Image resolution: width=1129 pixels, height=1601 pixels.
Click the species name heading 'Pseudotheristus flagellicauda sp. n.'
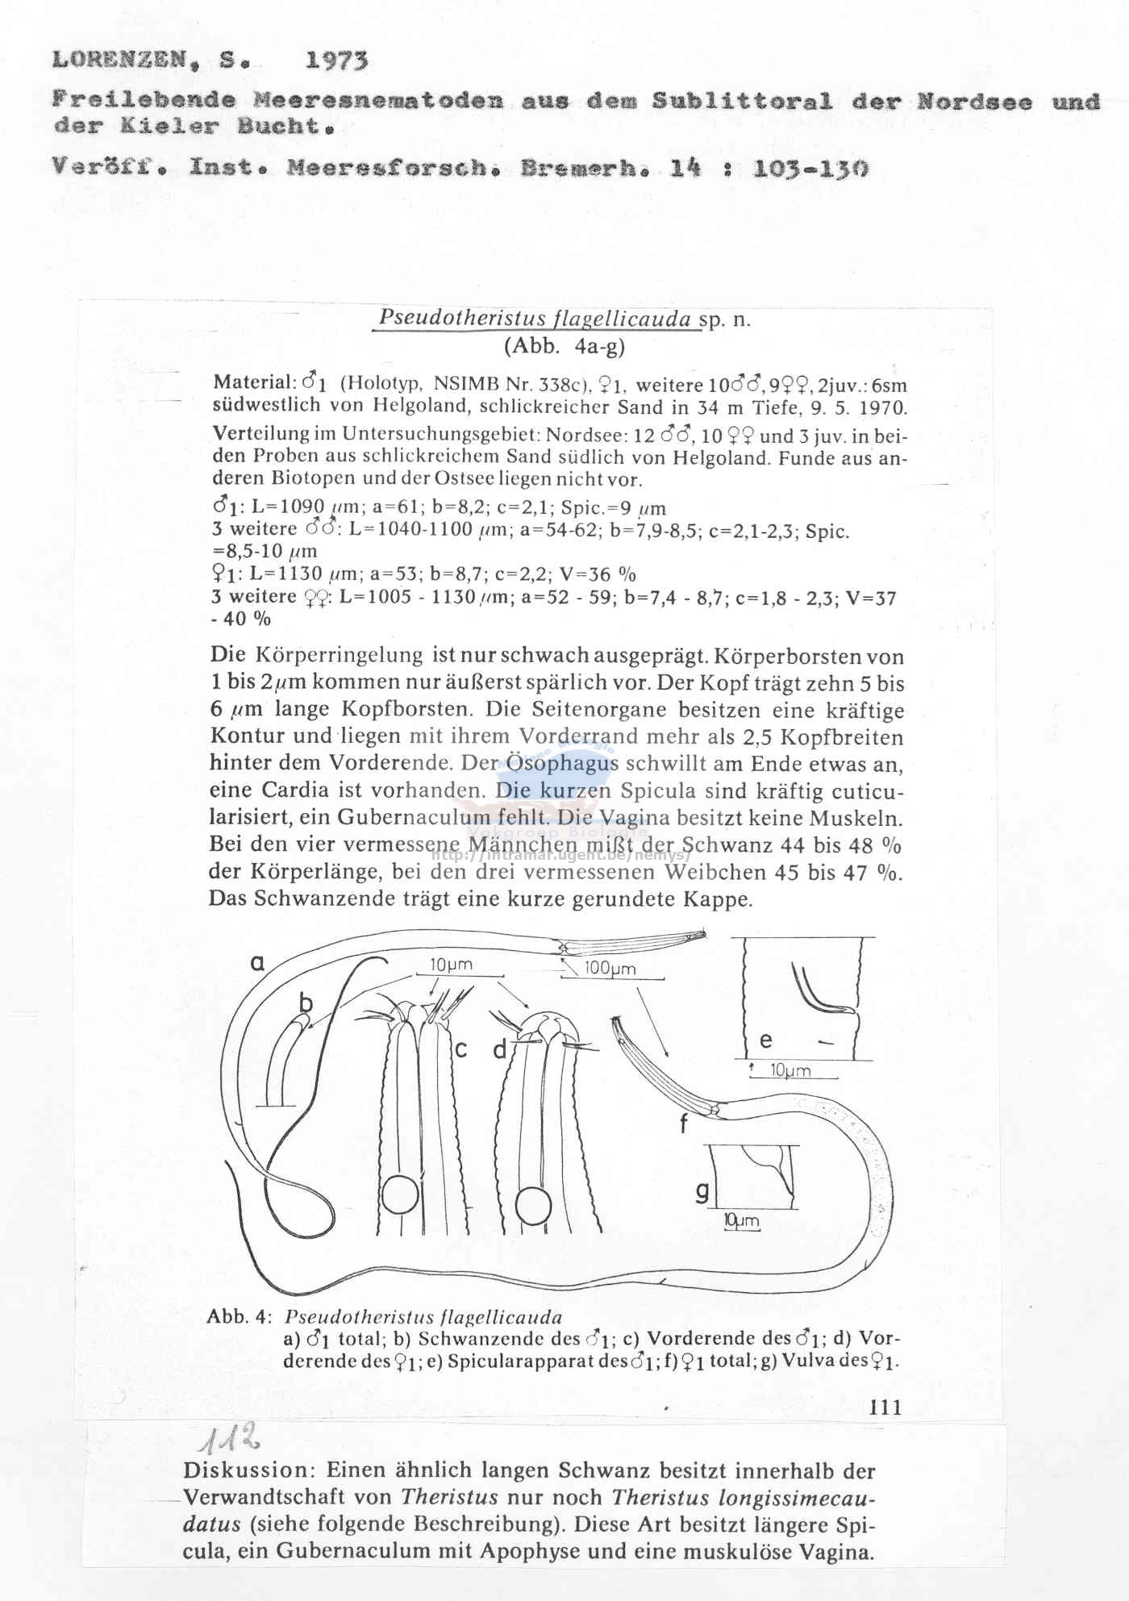coord(564,319)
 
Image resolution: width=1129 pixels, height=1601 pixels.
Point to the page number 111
coord(885,1407)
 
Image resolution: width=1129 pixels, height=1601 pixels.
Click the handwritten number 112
coord(229,1438)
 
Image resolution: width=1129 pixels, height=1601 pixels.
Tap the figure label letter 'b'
coord(306,1003)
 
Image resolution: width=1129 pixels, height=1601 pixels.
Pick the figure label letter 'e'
coord(765,1040)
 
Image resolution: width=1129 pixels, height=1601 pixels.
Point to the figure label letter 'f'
coord(685,1124)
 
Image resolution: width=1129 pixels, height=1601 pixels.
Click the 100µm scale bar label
coord(610,969)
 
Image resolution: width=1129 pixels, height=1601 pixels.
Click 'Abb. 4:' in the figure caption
coord(238,1317)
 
